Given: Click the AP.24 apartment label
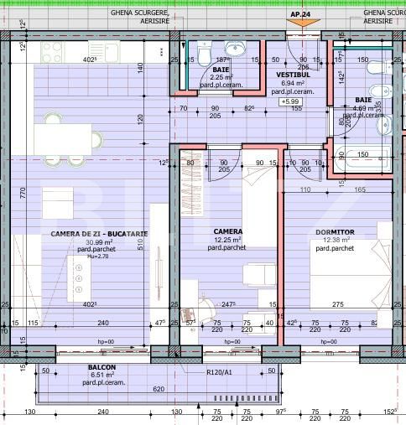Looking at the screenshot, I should [x=300, y=14].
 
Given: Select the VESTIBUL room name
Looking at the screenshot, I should [x=294, y=75].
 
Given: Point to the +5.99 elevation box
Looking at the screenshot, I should [x=290, y=101].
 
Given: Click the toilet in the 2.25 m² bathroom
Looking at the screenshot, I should [x=202, y=56].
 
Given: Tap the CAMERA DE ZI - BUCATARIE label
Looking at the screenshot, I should [x=99, y=234].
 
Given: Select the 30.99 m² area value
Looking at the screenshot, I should [x=98, y=241].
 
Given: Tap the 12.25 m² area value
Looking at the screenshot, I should [x=227, y=240].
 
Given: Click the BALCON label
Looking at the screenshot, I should [x=101, y=368].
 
